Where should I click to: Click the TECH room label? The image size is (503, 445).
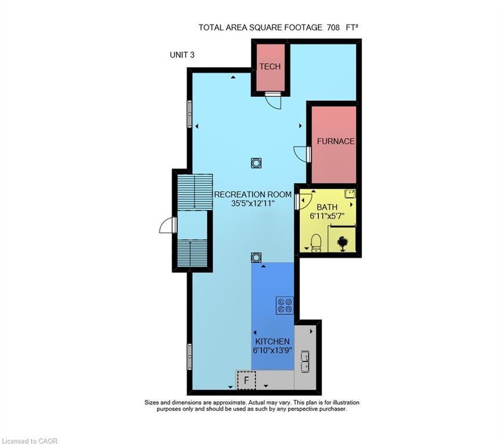pos(269,67)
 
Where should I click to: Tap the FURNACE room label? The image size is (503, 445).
pos(335,141)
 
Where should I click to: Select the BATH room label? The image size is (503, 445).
pos(326,206)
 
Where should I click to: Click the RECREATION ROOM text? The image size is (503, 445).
pos(252,194)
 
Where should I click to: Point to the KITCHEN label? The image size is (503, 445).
pos(271,342)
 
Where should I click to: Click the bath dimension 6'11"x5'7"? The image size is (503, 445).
pos(326,216)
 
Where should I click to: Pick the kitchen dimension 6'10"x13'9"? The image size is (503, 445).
pos(271,351)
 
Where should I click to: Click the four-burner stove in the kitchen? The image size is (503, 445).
pos(285,305)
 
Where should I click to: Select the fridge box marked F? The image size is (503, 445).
pos(246,381)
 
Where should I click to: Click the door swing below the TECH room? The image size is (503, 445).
pos(272,101)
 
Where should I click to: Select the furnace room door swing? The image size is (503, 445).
pos(302,154)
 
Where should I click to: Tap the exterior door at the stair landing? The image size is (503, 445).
pos(167,225)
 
